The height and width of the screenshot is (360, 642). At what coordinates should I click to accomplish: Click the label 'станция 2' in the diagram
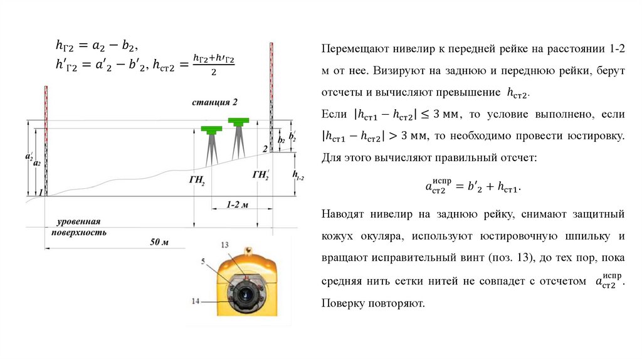[215, 102]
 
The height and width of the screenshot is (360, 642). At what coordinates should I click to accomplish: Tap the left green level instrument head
[211, 129]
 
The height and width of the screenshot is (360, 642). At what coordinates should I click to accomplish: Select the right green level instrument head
[238, 120]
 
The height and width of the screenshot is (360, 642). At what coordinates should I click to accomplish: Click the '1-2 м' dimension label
[238, 205]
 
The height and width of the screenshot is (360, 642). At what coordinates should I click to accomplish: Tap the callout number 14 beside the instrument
[196, 301]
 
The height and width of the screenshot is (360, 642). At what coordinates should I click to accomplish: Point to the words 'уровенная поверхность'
[78, 227]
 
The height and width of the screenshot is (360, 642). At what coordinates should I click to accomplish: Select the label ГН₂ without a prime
[197, 179]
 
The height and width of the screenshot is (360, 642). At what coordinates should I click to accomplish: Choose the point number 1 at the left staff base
[40, 193]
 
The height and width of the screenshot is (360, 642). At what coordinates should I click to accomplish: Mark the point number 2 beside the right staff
[265, 148]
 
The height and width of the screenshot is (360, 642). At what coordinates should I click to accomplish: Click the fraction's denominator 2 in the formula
[214, 72]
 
